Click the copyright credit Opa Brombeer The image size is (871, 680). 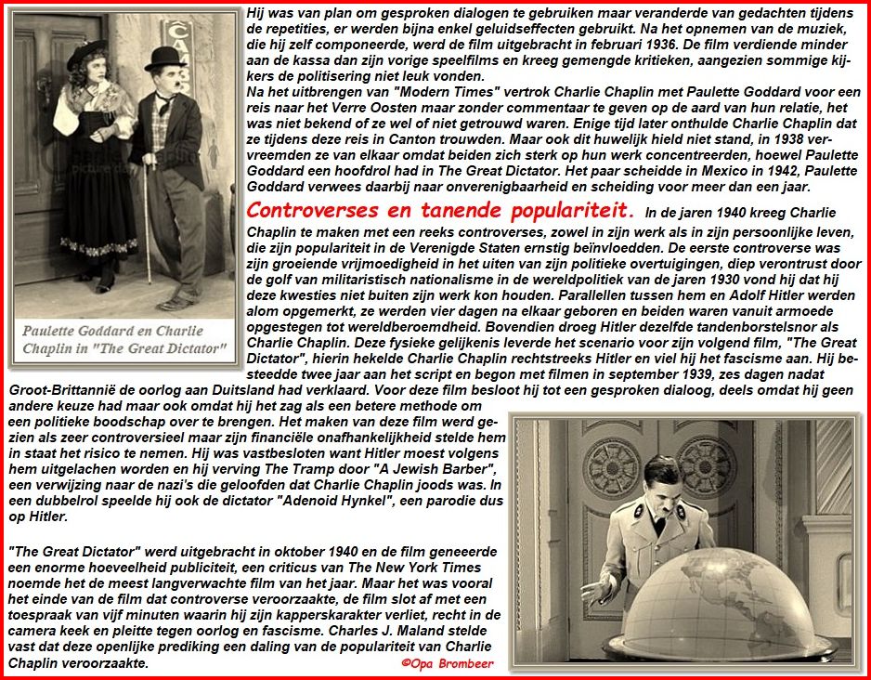click(x=448, y=663)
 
